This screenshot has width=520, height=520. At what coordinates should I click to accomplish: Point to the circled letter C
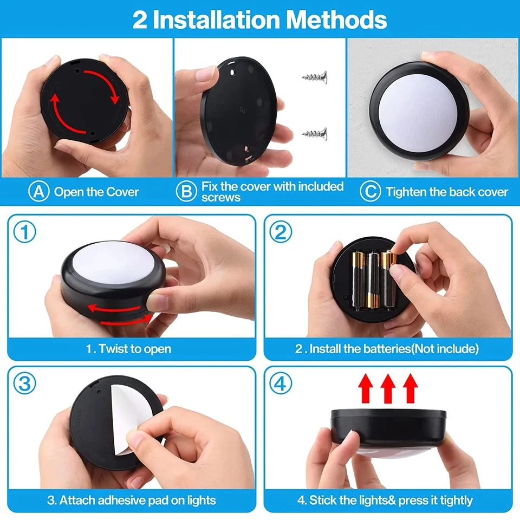pos(371,192)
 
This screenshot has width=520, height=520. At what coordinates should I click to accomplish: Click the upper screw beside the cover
pos(315,78)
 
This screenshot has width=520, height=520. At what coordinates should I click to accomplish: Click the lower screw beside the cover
pos(315,132)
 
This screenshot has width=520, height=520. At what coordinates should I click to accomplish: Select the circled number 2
pos(281,233)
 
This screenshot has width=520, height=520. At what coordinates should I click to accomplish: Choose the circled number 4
pos(281,384)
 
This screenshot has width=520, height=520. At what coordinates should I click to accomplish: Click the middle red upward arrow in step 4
pos(388,388)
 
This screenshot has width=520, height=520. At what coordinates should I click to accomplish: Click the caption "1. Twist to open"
pos(128,349)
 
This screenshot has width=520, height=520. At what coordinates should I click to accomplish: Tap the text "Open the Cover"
pos(96,192)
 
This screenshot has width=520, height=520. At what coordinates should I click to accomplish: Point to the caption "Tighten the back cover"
pos(447,192)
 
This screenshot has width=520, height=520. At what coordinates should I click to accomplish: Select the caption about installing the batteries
pos(387,349)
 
